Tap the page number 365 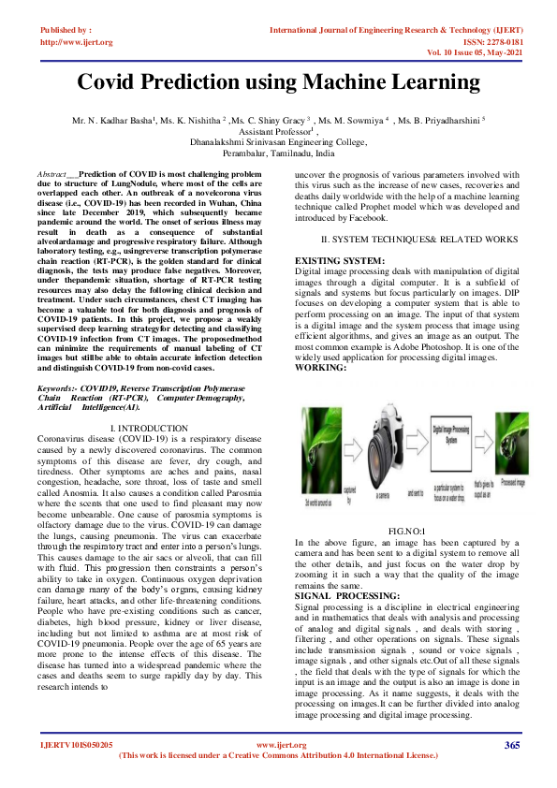511,745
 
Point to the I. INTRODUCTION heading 149,428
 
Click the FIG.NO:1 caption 407,531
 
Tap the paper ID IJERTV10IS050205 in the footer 76,745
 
